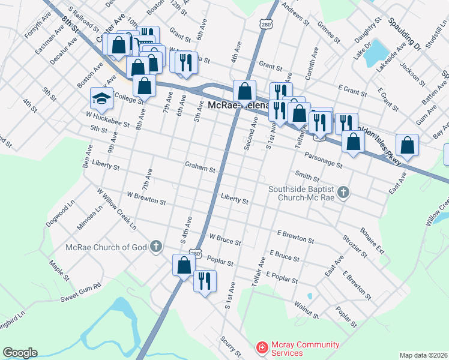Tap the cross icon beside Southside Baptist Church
(x=343, y=193)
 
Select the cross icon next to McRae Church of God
(x=155, y=245)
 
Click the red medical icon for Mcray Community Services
(x=262, y=347)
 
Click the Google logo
(x=20, y=352)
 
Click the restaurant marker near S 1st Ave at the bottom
(x=205, y=280)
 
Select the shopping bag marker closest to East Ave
(x=408, y=145)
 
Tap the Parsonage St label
(x=323, y=160)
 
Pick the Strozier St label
(x=355, y=248)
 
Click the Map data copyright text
(x=423, y=355)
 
